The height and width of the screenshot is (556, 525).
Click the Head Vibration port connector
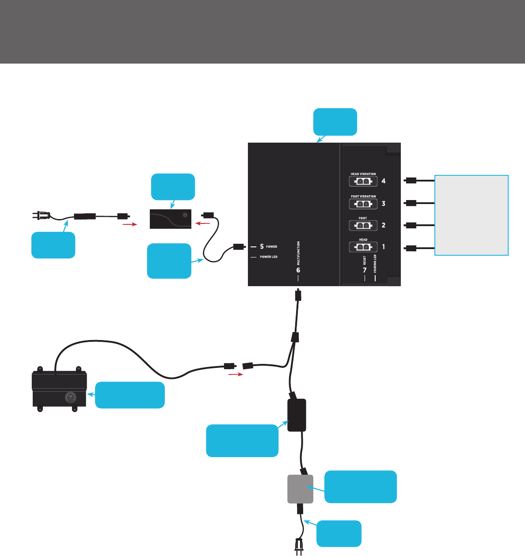(x=363, y=182)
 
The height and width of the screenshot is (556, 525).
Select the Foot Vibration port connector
(x=363, y=204)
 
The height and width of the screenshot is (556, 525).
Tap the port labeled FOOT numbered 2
(x=363, y=226)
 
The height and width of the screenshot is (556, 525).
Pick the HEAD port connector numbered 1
(x=363, y=247)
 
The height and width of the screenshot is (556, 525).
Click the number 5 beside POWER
(x=262, y=247)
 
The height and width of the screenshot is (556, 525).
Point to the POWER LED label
(x=269, y=257)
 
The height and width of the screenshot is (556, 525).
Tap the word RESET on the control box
(x=365, y=260)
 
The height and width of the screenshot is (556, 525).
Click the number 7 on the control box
(x=365, y=270)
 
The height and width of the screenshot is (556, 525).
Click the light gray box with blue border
(x=472, y=215)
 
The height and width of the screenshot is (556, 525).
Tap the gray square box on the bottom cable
(x=301, y=489)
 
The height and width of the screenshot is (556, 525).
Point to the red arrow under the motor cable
(x=236, y=374)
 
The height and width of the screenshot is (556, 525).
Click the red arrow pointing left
(x=202, y=224)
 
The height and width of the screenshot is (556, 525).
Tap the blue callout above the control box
(x=335, y=121)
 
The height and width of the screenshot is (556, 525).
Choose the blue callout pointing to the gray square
(x=360, y=487)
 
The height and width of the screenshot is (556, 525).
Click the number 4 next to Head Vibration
(x=384, y=181)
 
